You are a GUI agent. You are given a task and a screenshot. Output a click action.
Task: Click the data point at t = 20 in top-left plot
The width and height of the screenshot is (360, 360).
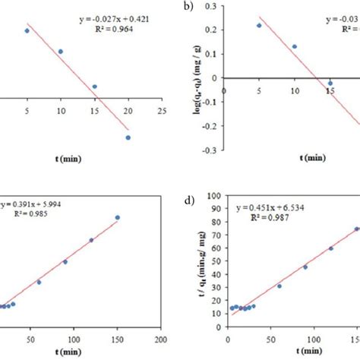coord(128,137)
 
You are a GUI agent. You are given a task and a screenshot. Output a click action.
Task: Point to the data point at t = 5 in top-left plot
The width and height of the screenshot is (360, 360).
coord(27,31)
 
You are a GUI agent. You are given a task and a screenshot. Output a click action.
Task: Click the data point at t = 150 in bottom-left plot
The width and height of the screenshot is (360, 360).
coord(118,217)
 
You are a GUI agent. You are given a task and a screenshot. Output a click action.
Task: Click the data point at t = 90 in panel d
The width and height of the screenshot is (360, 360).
coord(305,267)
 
